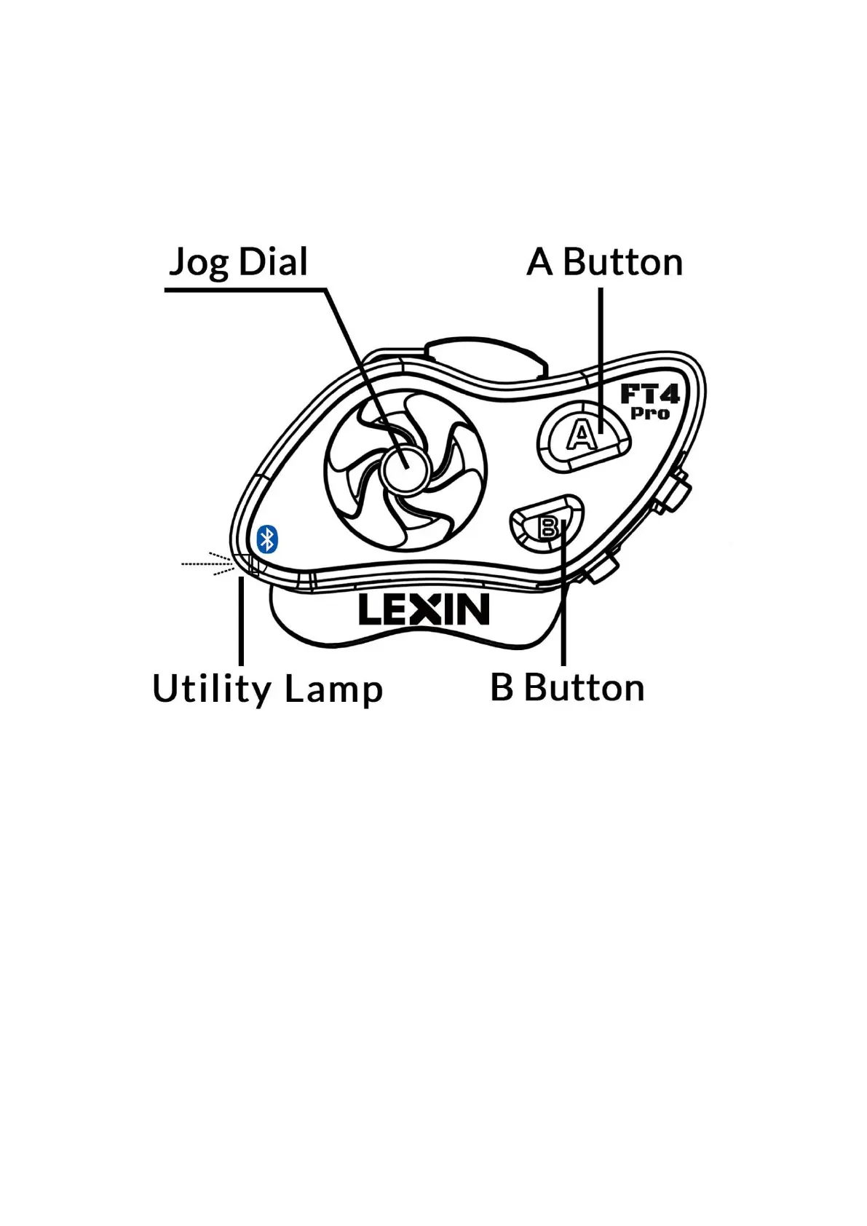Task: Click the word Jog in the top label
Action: pos(198,263)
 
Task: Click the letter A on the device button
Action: pos(582,435)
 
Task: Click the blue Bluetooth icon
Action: pos(268,539)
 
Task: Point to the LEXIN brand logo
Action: pos(424,610)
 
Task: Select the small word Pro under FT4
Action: pos(649,414)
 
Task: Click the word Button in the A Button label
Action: pos(622,262)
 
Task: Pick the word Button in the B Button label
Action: pos(584,688)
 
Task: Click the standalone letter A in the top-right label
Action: pos(539,262)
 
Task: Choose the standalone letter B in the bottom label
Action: pos(502,688)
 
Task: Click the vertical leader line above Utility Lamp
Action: pos(241,619)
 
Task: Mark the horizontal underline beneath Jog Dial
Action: pos(244,290)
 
